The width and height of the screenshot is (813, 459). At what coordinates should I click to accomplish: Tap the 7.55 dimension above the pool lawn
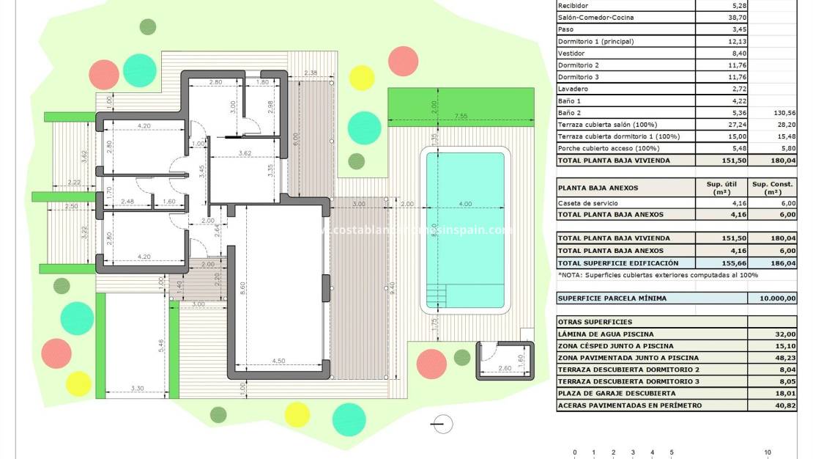tap(461, 116)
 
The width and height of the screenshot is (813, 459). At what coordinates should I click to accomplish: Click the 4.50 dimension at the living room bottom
tap(278, 361)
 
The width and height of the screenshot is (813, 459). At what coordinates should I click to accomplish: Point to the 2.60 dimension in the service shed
tap(505, 368)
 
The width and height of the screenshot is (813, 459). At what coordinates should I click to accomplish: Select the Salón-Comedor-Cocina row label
tap(596, 17)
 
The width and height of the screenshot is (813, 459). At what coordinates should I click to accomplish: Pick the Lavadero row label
tap(573, 89)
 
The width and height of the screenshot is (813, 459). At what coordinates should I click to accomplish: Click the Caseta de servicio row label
tap(587, 202)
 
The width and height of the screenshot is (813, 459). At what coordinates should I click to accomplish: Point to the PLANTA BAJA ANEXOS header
tap(598, 188)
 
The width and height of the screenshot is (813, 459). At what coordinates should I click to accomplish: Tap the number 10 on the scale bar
tap(768, 452)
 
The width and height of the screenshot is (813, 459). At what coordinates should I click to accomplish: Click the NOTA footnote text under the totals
tap(658, 275)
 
